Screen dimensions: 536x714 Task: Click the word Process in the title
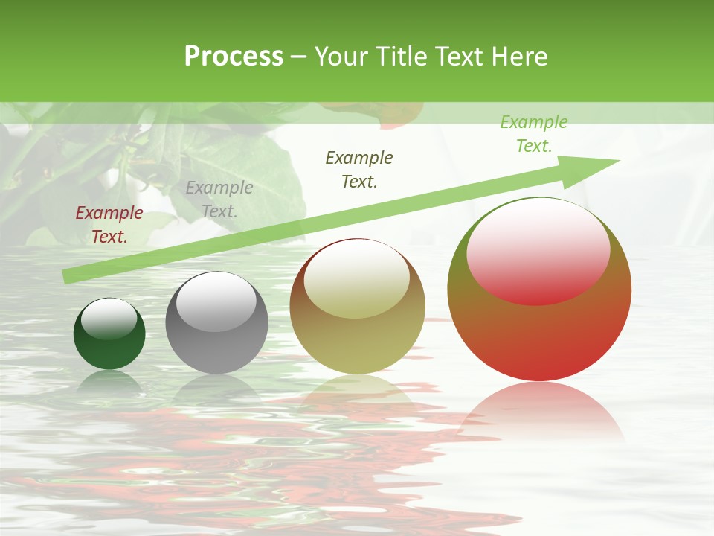point(234,57)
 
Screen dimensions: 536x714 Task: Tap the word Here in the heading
point(520,57)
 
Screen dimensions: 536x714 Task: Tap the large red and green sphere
point(539,335)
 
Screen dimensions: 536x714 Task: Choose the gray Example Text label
point(219,200)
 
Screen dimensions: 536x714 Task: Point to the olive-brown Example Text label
point(359,170)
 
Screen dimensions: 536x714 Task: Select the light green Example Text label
point(534,134)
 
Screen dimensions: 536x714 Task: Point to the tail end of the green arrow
point(67,276)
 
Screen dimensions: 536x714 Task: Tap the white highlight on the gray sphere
point(216,301)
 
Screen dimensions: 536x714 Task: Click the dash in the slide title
point(299,57)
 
